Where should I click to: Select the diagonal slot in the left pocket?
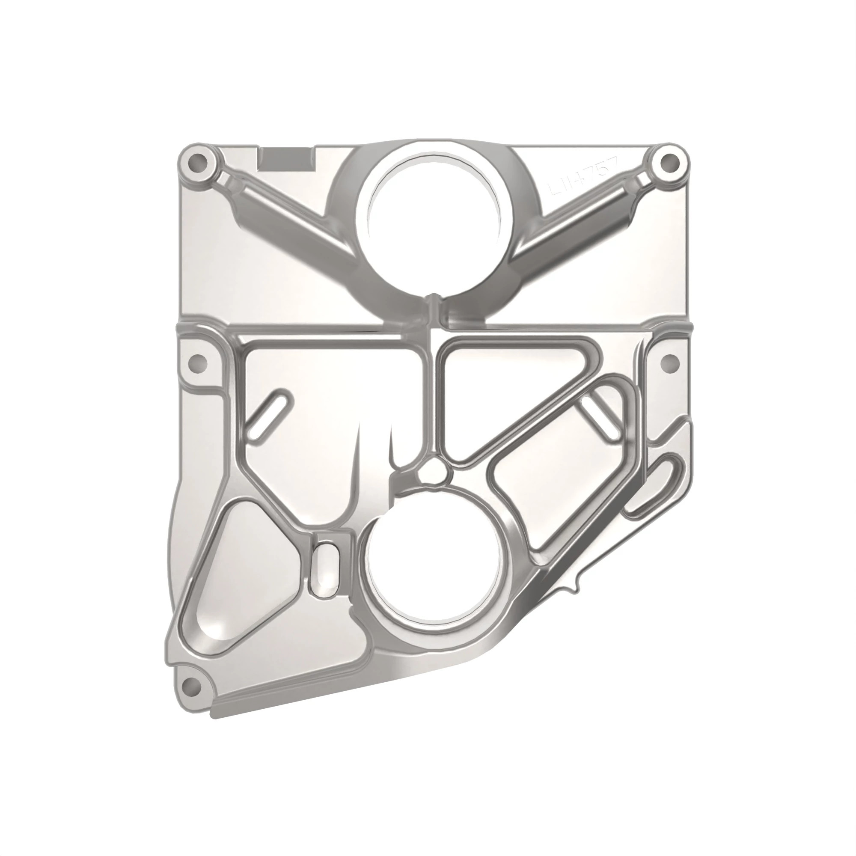[x=269, y=413]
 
